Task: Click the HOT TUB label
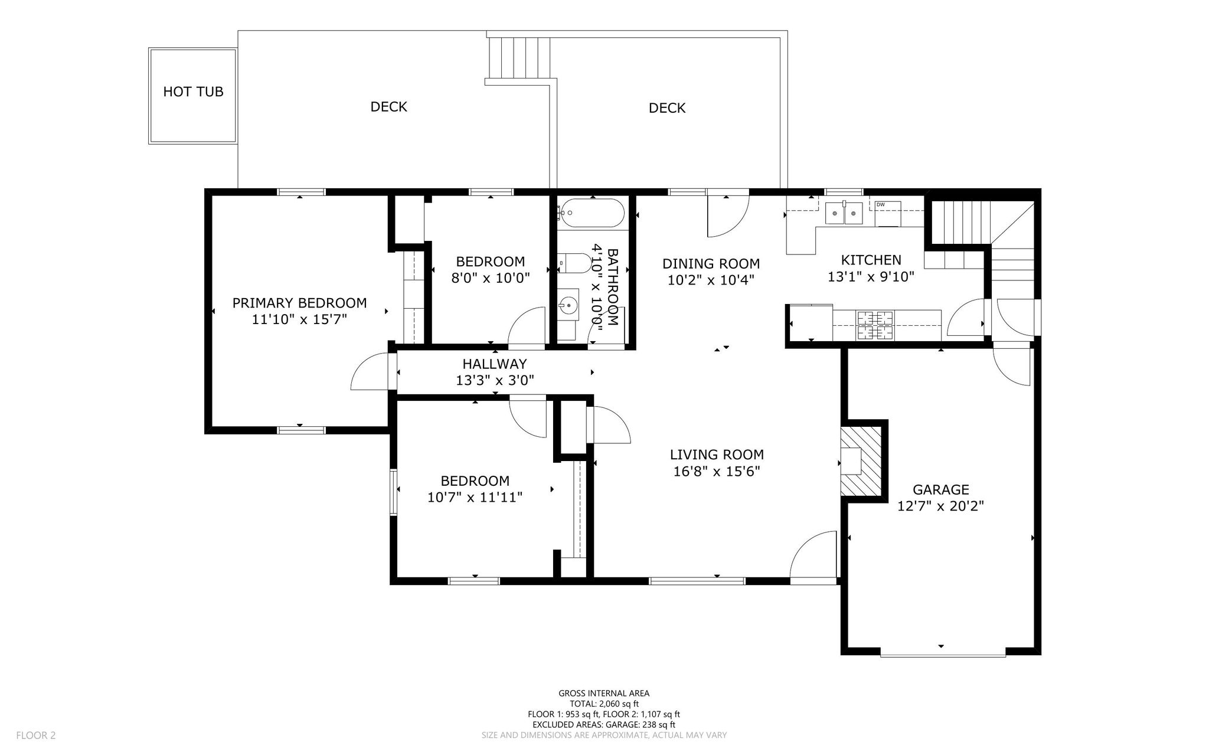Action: coord(193,92)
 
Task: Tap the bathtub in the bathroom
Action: coord(592,213)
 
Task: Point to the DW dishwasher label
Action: coord(881,205)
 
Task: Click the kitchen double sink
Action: coord(844,213)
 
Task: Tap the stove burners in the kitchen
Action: coord(875,325)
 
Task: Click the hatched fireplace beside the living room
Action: coord(861,461)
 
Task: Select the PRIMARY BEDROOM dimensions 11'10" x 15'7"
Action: coord(299,319)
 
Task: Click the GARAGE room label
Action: coord(941,489)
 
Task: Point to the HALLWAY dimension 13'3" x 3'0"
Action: coord(495,381)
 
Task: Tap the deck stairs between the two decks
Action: coord(519,57)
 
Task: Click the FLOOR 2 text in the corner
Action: coord(36,736)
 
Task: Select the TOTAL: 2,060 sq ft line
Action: coord(604,704)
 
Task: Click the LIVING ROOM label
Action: coord(717,455)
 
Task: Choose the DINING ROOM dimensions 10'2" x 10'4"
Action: coord(711,280)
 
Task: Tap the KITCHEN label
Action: coord(871,260)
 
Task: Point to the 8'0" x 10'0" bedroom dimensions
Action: coord(491,277)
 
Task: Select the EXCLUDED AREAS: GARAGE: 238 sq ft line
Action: coord(604,725)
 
